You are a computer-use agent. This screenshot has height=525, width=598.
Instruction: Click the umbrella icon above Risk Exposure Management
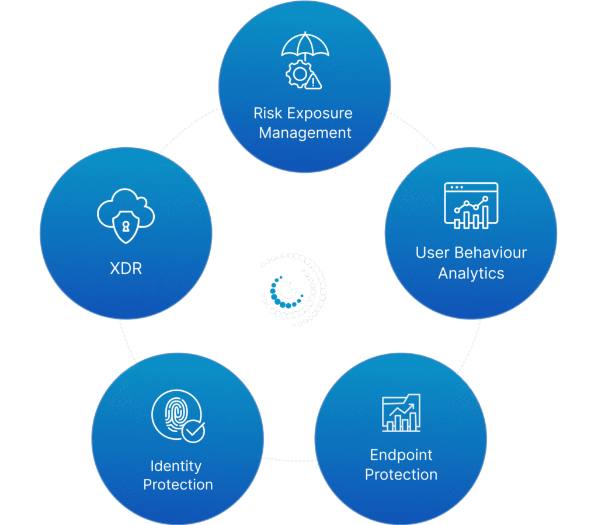pos(305,47)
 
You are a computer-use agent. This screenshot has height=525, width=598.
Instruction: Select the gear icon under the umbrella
pos(298,75)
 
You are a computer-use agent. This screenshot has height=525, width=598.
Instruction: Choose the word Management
pos(305,133)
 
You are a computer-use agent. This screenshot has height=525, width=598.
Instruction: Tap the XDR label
pos(126,269)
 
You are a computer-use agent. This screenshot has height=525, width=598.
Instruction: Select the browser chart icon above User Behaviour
pos(471,205)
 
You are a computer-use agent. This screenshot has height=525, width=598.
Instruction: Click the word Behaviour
pos(491,253)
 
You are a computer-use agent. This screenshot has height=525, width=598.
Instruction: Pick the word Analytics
pos(471,273)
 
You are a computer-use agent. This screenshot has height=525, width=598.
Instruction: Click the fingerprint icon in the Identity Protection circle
pos(174,413)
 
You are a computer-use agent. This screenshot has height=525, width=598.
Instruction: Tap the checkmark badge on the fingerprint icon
pos(193,432)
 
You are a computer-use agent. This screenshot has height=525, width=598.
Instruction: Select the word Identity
pos(176,466)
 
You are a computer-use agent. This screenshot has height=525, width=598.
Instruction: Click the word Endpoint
pos(401,455)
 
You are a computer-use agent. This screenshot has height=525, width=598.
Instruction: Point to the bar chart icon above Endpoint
pos(401,412)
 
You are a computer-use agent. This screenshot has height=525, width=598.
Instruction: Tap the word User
pos(433,253)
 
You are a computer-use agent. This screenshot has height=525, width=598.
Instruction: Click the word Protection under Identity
pos(178,485)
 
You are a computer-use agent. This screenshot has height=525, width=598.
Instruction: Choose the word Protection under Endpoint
pos(401,474)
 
